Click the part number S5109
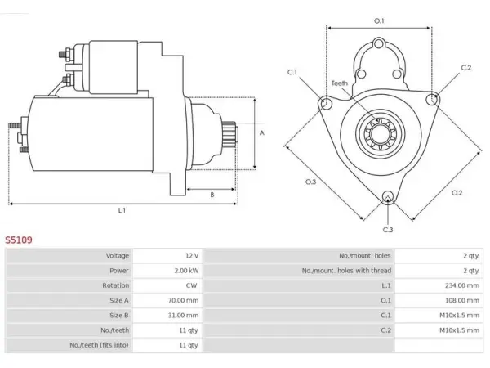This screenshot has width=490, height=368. [19, 240]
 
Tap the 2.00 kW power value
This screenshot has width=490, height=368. [186, 271]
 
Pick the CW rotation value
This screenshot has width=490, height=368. [191, 285]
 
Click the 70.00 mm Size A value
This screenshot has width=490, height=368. [183, 300]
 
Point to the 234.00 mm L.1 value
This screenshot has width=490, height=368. [462, 285]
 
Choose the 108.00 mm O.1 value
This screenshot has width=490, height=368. [462, 300]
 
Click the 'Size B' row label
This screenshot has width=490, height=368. [119, 315]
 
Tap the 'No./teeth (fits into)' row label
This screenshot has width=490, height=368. [99, 345]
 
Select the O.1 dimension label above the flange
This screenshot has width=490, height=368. [379, 21]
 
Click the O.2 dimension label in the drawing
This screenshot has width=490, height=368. [457, 193]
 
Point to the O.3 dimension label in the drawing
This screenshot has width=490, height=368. [310, 182]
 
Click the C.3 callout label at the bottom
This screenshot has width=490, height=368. [388, 230]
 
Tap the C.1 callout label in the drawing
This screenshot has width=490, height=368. [292, 72]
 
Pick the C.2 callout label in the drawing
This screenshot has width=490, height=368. [466, 68]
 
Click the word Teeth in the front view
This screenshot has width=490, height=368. [340, 83]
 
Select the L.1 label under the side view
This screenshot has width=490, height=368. [122, 210]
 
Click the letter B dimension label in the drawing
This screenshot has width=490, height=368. [212, 195]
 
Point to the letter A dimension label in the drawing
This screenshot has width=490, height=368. [262, 133]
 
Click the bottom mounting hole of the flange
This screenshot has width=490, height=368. [387, 197]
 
